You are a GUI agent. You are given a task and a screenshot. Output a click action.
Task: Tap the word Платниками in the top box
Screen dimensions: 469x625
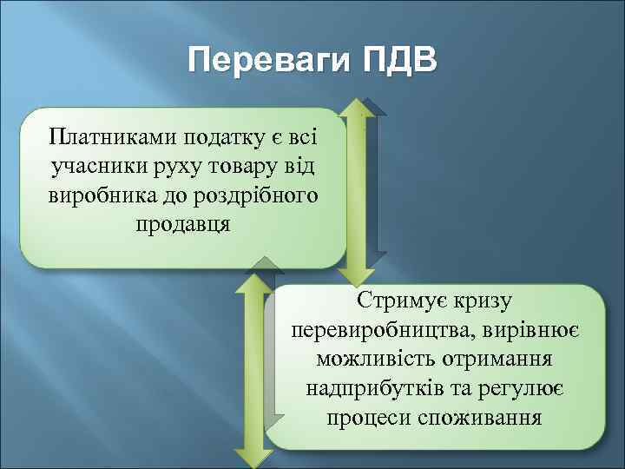[x=103, y=137]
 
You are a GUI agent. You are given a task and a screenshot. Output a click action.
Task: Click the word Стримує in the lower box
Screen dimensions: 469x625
[x=400, y=302]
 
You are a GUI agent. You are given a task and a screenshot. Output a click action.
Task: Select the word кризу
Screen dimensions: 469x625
[x=484, y=302]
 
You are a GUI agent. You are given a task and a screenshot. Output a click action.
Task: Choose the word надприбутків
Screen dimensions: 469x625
[x=372, y=388]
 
